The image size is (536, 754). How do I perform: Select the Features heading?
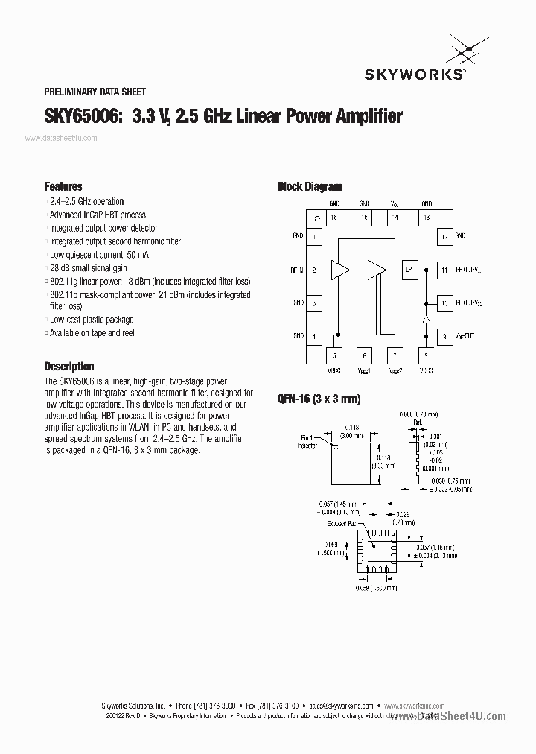[x=63, y=187]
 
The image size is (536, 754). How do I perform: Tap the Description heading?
[x=69, y=367]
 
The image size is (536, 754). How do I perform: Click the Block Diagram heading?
[x=310, y=187]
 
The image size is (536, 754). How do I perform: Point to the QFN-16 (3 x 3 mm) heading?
[x=319, y=399]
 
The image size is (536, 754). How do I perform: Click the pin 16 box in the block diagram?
[x=334, y=218]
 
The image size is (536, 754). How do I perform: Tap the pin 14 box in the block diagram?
[x=395, y=218]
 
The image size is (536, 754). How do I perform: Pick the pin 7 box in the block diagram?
[x=395, y=356]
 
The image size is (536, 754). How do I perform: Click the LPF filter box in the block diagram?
[x=409, y=270]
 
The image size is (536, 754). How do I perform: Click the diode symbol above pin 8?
[x=426, y=318]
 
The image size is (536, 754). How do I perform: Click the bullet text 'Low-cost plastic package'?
[x=92, y=320]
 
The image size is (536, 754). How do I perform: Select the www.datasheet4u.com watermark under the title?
[x=61, y=139]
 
